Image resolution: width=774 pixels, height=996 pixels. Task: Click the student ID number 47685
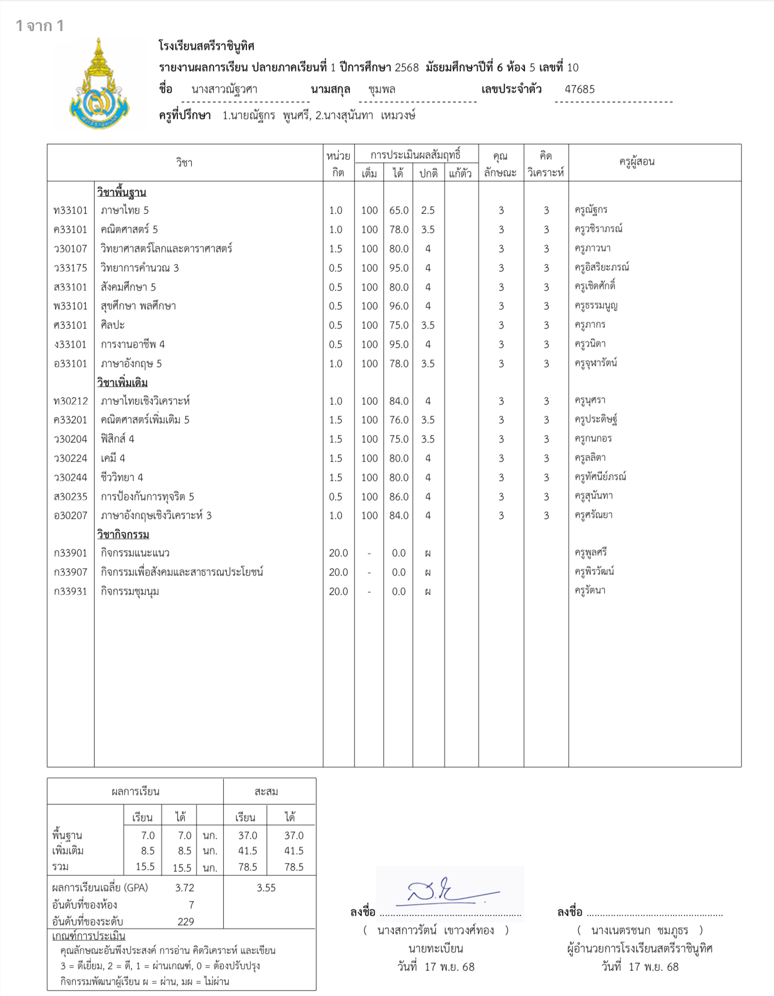pos(580,89)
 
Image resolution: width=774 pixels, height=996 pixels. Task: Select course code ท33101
pos(70,211)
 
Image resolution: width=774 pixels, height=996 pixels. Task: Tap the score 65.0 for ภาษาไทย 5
pos(399,211)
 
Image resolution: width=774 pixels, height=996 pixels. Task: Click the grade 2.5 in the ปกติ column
pos(428,211)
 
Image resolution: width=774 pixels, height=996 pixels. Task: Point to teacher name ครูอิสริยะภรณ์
pos(601,268)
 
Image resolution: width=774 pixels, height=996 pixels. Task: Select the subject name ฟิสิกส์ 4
pos(117,439)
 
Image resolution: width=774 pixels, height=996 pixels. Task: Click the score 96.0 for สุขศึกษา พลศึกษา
pos(399,306)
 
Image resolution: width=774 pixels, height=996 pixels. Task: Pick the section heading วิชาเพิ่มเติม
pos(122,383)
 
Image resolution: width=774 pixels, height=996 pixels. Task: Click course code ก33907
pos(70,572)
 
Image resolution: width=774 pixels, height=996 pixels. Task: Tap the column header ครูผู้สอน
pos(637,162)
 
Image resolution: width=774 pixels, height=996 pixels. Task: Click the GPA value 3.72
pos(185,888)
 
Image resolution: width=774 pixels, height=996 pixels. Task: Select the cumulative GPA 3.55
pos(266,888)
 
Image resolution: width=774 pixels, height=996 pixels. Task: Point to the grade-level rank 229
pos(186,921)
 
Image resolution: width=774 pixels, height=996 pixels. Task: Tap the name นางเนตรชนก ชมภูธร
pos(639,930)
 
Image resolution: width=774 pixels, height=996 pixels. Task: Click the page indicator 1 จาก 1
pos(40,26)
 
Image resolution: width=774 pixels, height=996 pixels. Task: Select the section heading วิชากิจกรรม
pos(123,534)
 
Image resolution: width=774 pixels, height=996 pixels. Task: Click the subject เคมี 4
pos(113,458)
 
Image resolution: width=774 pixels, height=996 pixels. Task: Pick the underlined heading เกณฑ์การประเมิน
pos(89,936)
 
